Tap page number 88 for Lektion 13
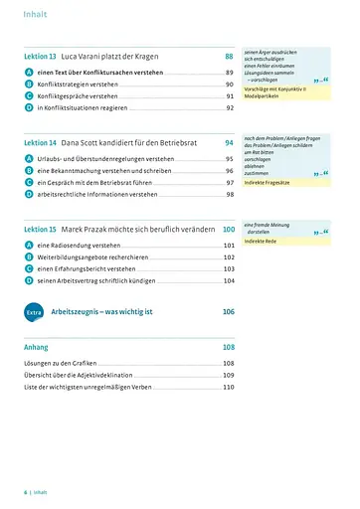click(230, 58)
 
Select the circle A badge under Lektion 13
click(29, 74)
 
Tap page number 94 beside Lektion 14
click(230, 143)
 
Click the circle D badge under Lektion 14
click(29, 194)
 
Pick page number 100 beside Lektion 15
click(229, 230)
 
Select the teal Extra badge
click(34, 312)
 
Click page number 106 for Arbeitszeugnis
click(229, 312)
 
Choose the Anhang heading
click(36, 348)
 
